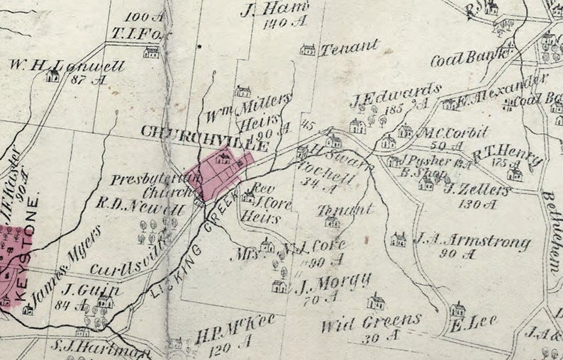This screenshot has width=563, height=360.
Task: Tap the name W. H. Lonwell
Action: coord(67,66)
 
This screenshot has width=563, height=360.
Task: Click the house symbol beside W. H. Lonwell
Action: coord(52,76)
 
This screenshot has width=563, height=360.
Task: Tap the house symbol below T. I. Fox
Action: coord(151,52)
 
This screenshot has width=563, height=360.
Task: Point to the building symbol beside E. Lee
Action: coord(458,310)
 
